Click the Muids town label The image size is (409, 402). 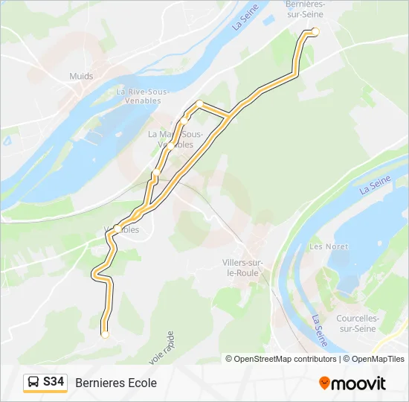[81, 76]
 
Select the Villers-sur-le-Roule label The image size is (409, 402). [242, 267]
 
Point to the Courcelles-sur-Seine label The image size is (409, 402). [358, 322]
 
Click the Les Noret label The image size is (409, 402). [328, 246]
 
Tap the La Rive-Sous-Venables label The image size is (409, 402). [143, 97]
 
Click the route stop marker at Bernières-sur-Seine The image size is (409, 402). [315, 31]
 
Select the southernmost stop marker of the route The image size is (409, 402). [105, 334]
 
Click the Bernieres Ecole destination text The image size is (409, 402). [116, 383]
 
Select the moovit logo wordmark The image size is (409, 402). [358, 383]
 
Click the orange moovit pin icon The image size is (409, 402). [324, 383]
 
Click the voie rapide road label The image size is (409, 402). [162, 348]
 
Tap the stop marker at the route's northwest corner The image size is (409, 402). [199, 103]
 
